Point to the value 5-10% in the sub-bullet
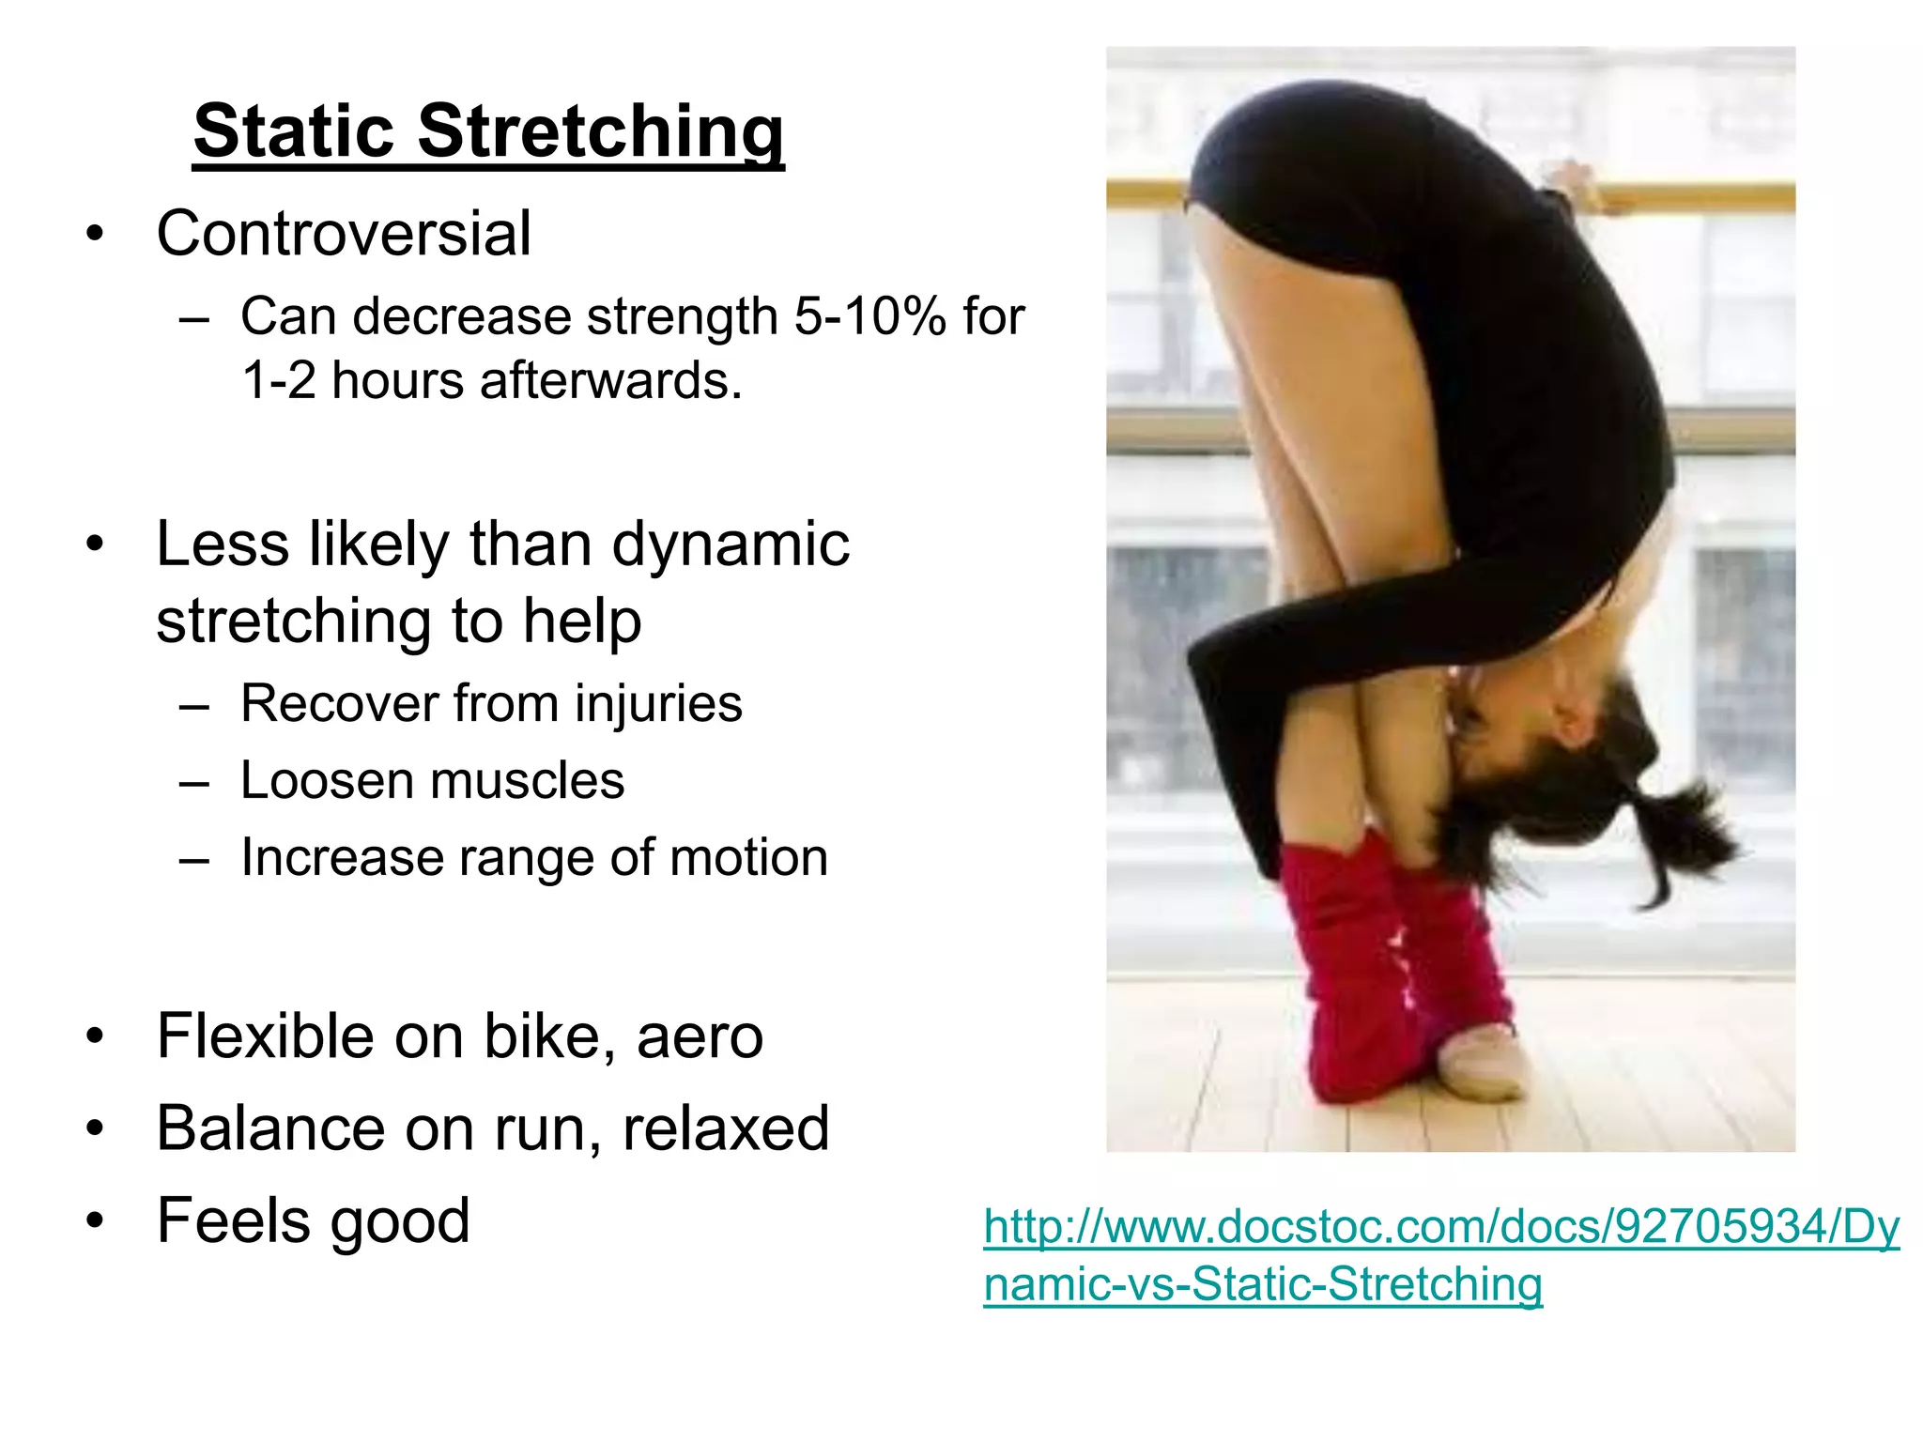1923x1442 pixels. tap(869, 316)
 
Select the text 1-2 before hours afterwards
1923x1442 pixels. tap(279, 381)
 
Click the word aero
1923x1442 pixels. tap(700, 1036)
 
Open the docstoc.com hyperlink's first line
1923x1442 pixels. tap(1441, 1227)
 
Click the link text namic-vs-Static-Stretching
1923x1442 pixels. tap(1263, 1283)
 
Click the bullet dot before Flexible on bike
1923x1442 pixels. tap(94, 1037)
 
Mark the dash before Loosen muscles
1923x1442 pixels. tap(193, 782)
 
